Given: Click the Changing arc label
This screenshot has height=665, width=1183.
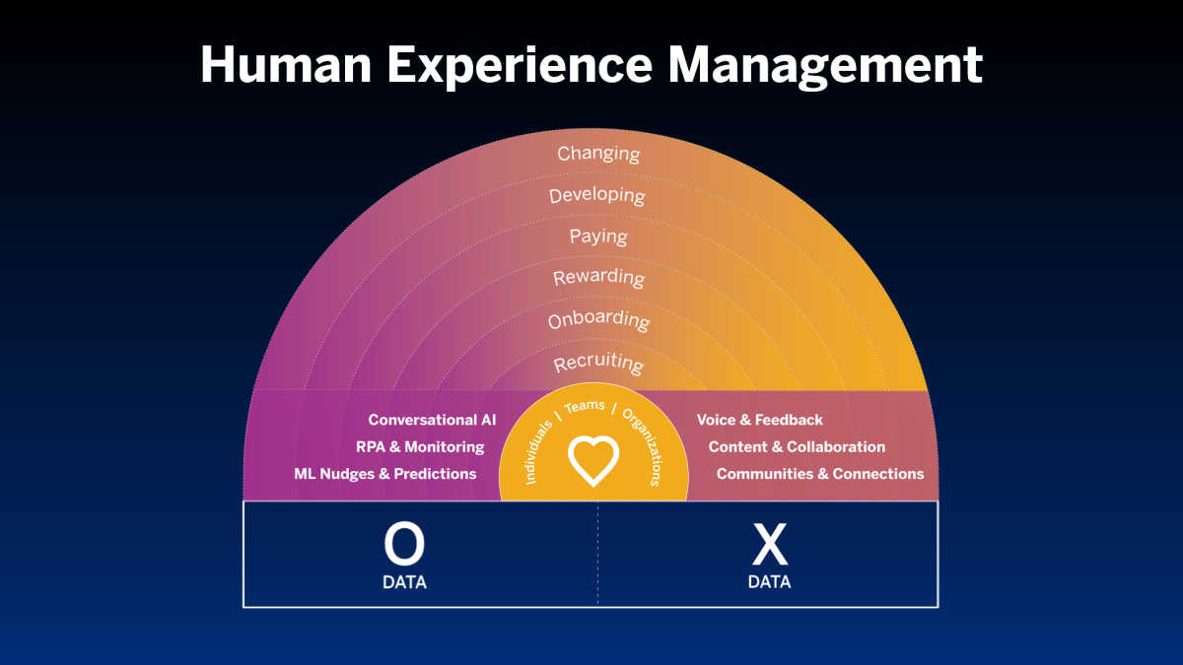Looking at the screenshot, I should (x=598, y=154).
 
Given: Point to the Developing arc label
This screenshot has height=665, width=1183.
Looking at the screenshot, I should (x=597, y=195).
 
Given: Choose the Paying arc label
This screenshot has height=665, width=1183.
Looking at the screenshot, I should (x=598, y=236).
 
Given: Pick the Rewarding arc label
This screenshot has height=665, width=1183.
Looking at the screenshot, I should (x=598, y=278).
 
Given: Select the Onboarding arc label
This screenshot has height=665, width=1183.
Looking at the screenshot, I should (x=598, y=320).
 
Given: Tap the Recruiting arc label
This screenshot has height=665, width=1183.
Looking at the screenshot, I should (x=598, y=363).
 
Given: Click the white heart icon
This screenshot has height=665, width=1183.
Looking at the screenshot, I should (x=593, y=460).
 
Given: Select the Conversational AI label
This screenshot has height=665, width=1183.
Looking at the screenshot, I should (x=432, y=421).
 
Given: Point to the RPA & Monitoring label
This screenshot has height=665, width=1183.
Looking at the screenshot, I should (x=420, y=447).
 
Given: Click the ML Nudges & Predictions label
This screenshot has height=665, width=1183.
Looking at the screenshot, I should (x=385, y=474).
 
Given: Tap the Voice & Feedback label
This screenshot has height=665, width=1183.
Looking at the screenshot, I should (x=759, y=421).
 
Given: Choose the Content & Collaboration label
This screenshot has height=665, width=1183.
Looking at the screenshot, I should (x=797, y=447).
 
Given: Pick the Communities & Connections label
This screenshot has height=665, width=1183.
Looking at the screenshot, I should (x=820, y=474).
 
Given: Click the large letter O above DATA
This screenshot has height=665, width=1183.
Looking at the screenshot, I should (x=404, y=545).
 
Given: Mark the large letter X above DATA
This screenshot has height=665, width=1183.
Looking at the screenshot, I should (x=769, y=545).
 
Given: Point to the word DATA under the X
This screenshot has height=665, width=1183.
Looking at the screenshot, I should (x=769, y=582).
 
